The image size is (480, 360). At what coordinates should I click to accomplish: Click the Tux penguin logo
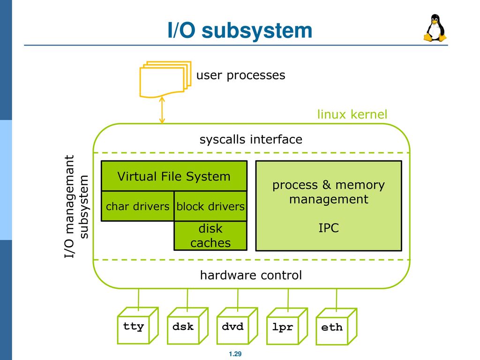coord(435,28)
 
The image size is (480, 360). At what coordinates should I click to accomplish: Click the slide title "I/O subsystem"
coord(240,30)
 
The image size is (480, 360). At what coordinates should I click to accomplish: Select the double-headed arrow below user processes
coord(162,110)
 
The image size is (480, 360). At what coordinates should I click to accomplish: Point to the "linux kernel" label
coord(352,114)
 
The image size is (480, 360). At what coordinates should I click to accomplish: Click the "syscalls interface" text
coord(251,139)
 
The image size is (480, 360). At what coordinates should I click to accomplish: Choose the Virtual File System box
coord(174,176)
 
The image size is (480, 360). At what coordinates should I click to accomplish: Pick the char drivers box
coord(137,206)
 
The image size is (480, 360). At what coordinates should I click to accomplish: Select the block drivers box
coord(210,206)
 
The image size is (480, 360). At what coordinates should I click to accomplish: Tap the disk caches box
coord(210,235)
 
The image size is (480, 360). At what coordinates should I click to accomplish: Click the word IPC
coord(329,228)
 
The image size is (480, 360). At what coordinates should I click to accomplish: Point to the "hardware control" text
coord(251,275)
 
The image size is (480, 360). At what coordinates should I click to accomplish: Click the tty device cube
coord(138,326)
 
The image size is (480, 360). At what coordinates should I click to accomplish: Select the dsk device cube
coord(187,326)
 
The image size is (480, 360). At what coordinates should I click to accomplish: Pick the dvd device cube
coord(237,326)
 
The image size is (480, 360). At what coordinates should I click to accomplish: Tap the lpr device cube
coord(287,326)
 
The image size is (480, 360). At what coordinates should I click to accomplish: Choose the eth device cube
coord(337,327)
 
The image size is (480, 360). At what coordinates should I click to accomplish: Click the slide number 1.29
coord(235,354)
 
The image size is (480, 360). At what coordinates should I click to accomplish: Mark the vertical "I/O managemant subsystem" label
coord(76,207)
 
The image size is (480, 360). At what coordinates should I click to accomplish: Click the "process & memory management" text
coord(329,192)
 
